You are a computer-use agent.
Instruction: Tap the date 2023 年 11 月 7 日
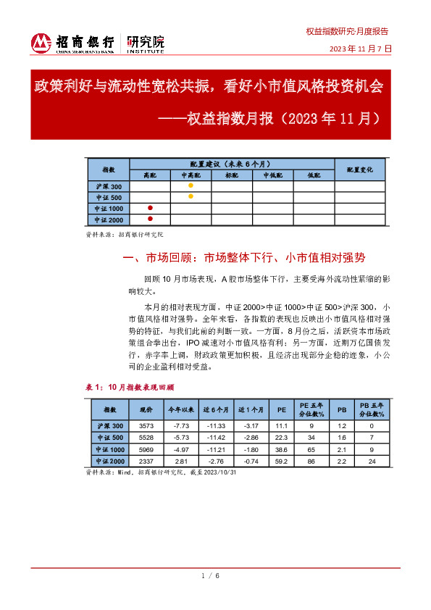click(360, 49)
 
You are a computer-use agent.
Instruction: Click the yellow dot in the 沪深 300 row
click(191, 186)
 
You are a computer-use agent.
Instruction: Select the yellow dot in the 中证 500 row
click(191, 196)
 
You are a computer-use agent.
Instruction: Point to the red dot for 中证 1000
click(150, 208)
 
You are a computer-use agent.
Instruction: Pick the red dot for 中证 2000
click(150, 219)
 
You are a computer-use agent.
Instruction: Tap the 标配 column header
click(232, 175)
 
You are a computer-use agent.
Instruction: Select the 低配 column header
click(314, 175)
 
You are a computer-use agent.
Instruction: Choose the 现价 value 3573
click(146, 426)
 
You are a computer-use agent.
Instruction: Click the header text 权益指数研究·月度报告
click(347, 32)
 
